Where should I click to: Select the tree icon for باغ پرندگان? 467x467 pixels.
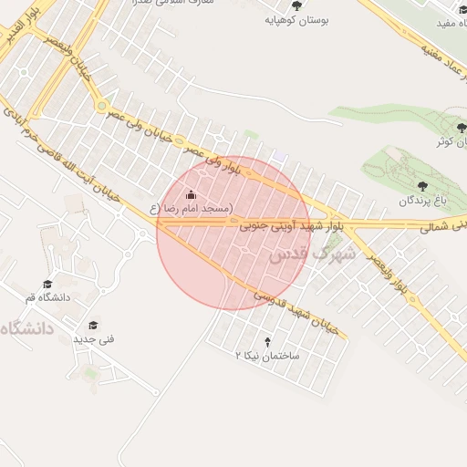coord(420,186)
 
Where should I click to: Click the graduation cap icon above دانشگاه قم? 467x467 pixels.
coord(47,284)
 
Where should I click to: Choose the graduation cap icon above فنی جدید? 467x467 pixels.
coord(93,325)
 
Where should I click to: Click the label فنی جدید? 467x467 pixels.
coord(94,339)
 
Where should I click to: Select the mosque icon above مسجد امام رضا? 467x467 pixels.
coord(191,194)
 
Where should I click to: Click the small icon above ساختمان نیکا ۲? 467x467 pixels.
coord(267,340)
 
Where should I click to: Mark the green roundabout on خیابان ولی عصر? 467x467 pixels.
coord(100,106)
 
